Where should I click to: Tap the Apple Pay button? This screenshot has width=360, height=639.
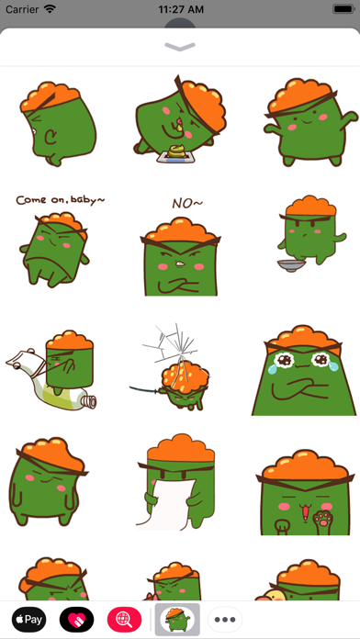28,620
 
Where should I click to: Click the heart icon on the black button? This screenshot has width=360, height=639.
76,620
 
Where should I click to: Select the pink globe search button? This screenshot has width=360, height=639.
124,620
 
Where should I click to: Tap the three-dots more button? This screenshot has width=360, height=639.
225,620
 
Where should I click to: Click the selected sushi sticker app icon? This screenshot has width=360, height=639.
177,620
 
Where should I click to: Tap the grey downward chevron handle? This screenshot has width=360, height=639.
180,47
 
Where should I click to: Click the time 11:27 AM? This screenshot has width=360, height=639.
181,9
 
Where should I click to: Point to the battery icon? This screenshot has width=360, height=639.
343,9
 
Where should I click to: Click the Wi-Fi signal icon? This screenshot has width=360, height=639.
50,9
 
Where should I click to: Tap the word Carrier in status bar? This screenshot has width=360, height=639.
22,9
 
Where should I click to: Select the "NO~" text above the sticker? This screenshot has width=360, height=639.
187,203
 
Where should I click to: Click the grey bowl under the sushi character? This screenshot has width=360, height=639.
291,265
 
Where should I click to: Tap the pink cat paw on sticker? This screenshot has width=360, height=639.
322,519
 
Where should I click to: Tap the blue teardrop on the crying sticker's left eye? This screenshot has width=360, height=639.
271,369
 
